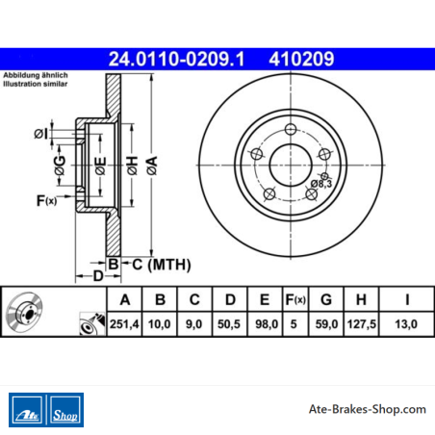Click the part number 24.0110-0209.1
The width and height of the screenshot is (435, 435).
176,59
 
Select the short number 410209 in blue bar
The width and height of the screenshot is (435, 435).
301,59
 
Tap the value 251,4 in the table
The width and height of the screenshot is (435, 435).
124,324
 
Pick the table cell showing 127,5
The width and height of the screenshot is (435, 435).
361,324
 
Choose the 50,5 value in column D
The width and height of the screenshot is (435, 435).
229,324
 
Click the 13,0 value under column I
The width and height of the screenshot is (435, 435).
406,324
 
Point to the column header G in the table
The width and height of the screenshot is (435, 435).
326,299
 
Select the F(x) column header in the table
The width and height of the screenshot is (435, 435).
295,299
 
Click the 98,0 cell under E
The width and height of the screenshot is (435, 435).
267,324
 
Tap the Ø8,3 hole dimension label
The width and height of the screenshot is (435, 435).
321,184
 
